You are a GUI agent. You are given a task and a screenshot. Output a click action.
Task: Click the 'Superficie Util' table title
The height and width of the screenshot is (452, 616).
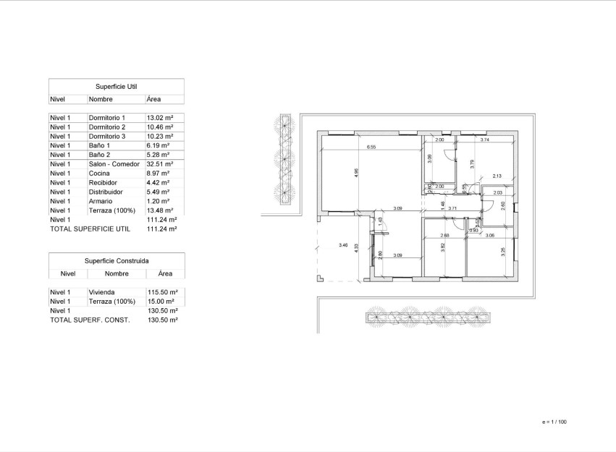point(116,85)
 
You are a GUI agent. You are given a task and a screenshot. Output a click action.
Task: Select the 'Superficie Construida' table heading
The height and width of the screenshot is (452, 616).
point(116,260)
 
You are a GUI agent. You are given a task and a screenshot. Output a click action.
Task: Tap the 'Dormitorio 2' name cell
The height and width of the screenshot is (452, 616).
point(107,127)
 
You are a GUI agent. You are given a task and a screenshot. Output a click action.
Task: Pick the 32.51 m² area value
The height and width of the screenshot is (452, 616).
point(159,164)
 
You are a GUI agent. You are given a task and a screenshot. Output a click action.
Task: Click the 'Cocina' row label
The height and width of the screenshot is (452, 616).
point(99,174)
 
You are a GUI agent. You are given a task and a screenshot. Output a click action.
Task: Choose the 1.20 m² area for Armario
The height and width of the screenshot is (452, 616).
point(158,202)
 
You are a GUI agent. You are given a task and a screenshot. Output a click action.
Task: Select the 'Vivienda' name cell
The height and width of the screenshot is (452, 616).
point(102,292)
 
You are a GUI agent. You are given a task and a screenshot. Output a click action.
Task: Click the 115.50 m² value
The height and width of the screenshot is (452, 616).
point(162,292)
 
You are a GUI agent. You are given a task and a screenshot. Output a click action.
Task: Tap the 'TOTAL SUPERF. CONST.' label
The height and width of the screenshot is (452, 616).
point(90,320)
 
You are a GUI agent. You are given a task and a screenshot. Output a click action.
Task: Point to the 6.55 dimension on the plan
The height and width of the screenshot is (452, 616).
point(371,148)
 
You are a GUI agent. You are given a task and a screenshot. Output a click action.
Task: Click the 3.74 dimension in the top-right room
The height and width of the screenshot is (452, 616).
point(485,139)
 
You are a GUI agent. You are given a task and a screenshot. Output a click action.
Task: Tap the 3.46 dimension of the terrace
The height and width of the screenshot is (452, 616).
point(343,246)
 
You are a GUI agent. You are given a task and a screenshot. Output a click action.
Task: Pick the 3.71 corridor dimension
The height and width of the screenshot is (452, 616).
point(452,208)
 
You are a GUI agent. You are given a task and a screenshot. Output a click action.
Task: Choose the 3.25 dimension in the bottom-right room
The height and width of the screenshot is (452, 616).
point(503,252)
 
